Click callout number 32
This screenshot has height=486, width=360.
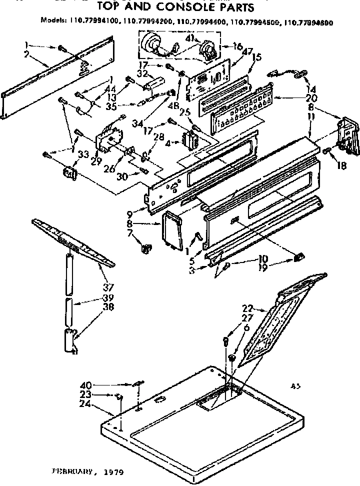(141, 73)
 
